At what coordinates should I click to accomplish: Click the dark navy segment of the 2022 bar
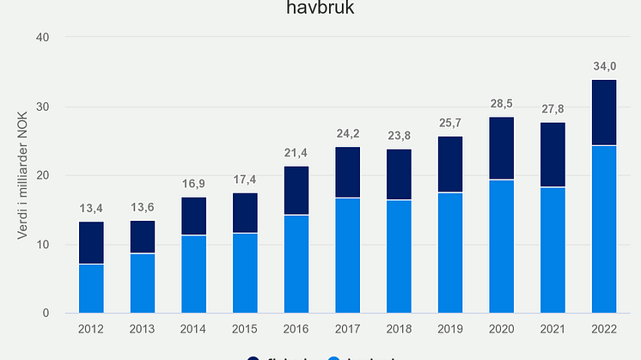pyautogui.click(x=604, y=113)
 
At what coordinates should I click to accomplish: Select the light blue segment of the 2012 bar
pyautogui.click(x=91, y=288)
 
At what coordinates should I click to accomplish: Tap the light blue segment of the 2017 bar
pyautogui.click(x=347, y=255)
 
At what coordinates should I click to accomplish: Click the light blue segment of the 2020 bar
pyautogui.click(x=502, y=246)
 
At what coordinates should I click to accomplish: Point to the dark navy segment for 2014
pyautogui.click(x=194, y=216)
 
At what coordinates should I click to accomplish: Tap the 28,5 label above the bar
pyautogui.click(x=502, y=102)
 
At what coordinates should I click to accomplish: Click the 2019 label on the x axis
pyautogui.click(x=450, y=328)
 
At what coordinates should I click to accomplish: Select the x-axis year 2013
pyautogui.click(x=143, y=328)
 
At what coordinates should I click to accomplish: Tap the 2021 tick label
pyautogui.click(x=552, y=328)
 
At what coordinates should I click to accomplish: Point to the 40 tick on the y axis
pyautogui.click(x=44, y=37)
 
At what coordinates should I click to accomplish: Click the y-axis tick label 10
pyautogui.click(x=44, y=245)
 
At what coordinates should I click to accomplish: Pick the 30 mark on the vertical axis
pyautogui.click(x=44, y=107)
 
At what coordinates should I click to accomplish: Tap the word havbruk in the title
pyautogui.click(x=320, y=10)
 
